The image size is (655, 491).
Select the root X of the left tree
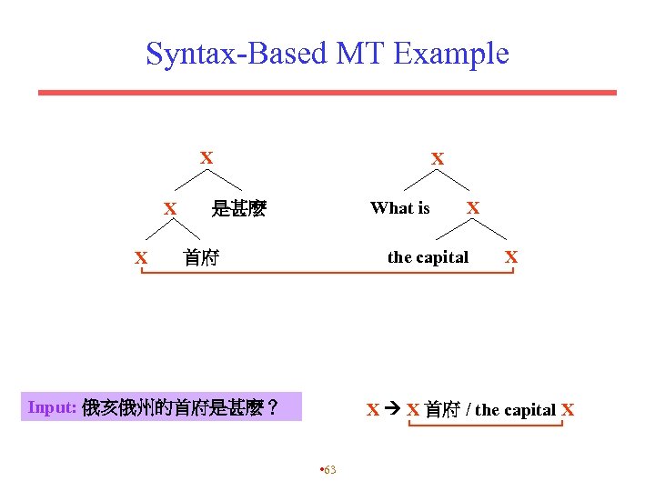coord(207,158)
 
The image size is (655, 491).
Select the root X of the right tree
coord(438,159)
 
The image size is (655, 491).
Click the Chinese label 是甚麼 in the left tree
coord(238,209)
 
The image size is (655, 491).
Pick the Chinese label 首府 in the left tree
coord(201,258)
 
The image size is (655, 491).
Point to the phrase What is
coord(399,208)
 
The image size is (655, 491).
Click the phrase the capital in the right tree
coord(428,257)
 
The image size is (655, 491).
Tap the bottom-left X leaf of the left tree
coord(141,258)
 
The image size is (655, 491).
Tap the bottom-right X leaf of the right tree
coord(511,257)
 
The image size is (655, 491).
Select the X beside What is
coord(472,208)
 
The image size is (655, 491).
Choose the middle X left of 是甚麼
coord(170,209)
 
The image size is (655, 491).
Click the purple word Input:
coord(52,407)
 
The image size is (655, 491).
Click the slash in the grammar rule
coord(468,410)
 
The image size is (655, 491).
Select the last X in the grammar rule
coord(568,410)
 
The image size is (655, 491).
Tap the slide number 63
coord(329,469)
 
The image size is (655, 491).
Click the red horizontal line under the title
coord(327,92)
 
